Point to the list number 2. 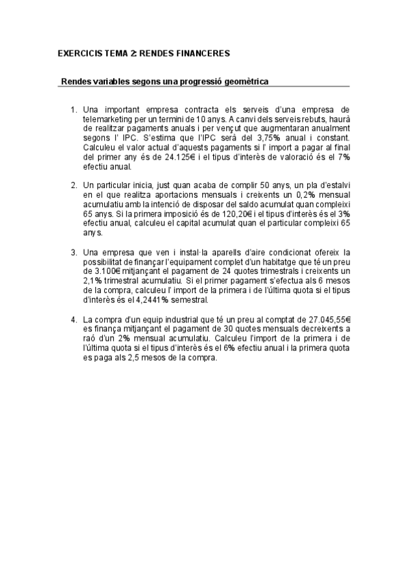click(74, 185)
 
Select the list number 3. click(74, 252)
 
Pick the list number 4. click(74, 318)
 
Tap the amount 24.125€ click(181, 156)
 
